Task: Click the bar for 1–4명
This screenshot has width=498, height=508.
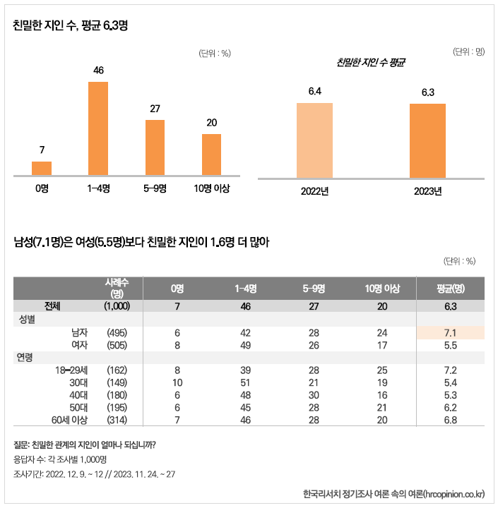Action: point(98,128)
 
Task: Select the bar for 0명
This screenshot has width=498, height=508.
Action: point(42,168)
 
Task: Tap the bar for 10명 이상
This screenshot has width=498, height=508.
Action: point(211,155)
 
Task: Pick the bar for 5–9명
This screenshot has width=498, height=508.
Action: point(155,147)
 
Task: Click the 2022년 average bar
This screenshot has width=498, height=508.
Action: point(314,140)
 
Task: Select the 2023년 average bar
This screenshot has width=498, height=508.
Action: point(427,141)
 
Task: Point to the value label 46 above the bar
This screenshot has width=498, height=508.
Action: point(99,70)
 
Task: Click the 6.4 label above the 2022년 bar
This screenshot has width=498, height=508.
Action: point(314,91)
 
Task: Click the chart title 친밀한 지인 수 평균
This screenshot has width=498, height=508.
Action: point(371,63)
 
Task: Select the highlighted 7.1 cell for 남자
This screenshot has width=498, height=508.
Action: point(451,332)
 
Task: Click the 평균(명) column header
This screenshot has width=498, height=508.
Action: point(451,289)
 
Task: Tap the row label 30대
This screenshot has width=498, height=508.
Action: point(78,382)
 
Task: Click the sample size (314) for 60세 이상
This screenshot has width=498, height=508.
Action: point(117,421)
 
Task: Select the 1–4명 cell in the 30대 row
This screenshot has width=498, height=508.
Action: point(245,382)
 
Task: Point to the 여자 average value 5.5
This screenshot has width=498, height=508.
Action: point(451,345)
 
